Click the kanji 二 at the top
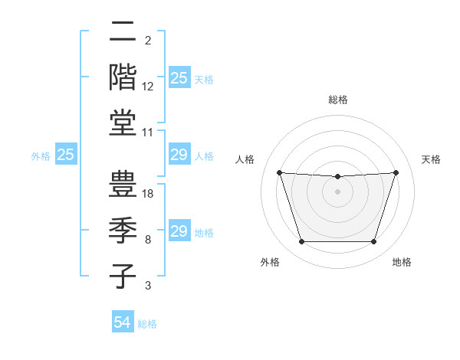[x=123, y=34]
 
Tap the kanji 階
[x=123, y=77]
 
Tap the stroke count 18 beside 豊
[x=149, y=194]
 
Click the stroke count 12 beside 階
[x=149, y=86]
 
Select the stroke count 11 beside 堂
[x=149, y=133]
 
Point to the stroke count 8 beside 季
[x=148, y=240]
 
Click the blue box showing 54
[x=123, y=322]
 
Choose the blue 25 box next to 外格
[x=66, y=155]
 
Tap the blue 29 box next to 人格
[x=179, y=155]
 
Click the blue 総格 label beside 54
[x=147, y=324]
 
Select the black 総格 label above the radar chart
[x=338, y=100]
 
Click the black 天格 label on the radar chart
[x=432, y=159]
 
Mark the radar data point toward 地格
[x=374, y=242]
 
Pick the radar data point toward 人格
[x=279, y=172]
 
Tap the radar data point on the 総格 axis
[x=337, y=177]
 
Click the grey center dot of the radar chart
[x=337, y=191]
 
